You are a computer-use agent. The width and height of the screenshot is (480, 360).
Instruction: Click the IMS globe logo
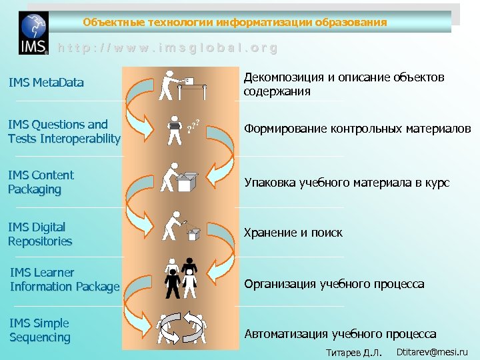33,33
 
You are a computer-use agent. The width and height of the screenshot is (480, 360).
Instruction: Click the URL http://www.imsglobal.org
167,48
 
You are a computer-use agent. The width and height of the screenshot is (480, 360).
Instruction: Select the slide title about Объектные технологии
235,22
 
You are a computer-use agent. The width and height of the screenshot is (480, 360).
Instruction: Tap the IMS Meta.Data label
46,83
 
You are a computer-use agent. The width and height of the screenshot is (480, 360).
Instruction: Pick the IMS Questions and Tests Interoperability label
64,132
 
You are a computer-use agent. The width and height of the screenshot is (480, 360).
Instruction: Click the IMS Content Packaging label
41,182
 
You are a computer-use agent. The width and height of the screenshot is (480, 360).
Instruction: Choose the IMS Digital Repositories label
40,234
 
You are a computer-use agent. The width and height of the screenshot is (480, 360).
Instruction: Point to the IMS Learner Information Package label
65,279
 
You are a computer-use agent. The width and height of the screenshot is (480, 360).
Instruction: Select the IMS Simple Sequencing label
40,330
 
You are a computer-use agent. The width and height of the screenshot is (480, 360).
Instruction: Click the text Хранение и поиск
293,233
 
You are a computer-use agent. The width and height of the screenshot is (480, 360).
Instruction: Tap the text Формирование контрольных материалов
357,128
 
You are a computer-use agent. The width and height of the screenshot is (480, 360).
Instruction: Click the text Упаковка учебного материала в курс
347,182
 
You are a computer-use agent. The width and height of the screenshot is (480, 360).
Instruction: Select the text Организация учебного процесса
334,284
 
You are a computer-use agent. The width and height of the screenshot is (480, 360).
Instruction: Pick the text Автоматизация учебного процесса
340,334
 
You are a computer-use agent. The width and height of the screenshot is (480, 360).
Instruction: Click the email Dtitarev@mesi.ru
432,351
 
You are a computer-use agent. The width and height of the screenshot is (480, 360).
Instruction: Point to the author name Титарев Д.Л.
353,352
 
